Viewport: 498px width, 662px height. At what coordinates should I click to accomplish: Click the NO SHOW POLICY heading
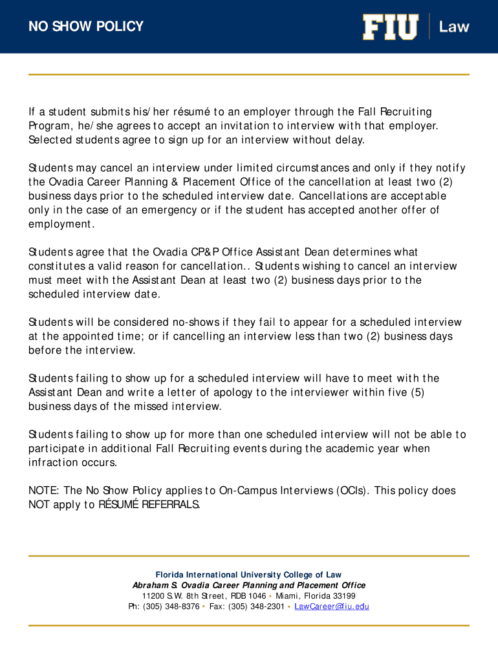pyautogui.click(x=86, y=27)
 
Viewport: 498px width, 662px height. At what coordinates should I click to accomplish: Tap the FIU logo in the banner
pyautogui.click(x=390, y=27)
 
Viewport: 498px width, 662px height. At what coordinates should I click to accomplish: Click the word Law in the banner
pyautogui.click(x=454, y=27)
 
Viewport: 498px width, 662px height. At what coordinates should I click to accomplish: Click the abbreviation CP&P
pyautogui.click(x=203, y=252)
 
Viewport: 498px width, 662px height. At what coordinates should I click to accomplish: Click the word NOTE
pyautogui.click(x=43, y=491)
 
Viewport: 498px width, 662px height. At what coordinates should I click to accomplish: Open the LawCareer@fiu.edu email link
pyautogui.click(x=332, y=606)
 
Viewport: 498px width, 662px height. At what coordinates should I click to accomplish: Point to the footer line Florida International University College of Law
pyautogui.click(x=248, y=575)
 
